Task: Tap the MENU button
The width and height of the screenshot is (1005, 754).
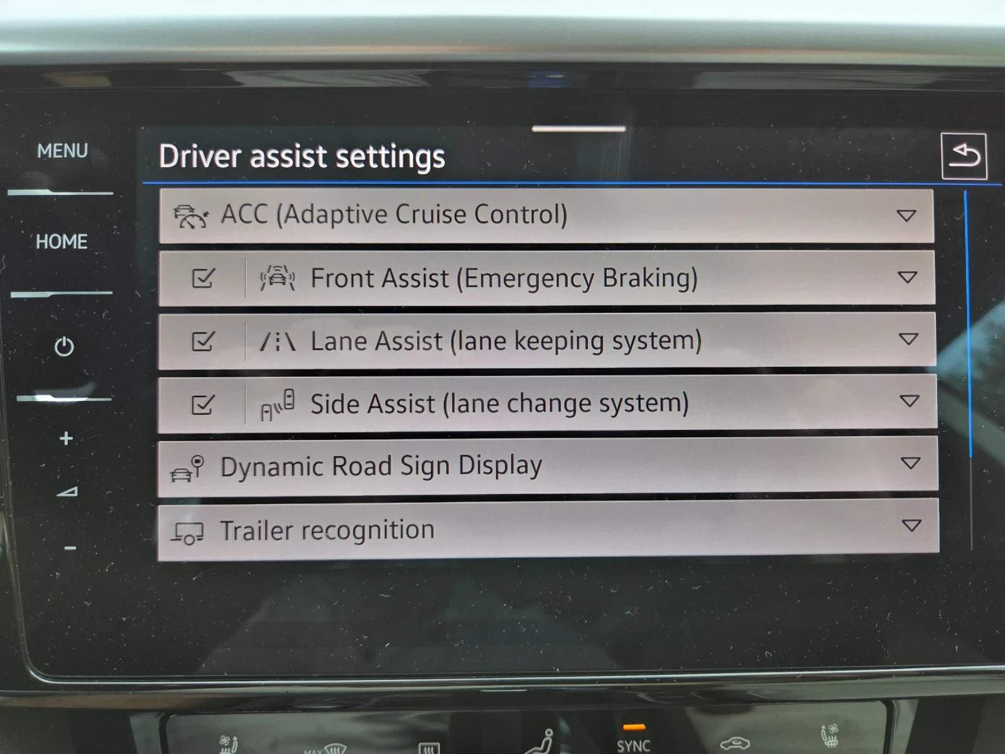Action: pos(62,151)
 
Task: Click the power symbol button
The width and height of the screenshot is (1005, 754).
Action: pos(64,346)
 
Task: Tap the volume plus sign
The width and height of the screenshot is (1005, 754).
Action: pos(66,438)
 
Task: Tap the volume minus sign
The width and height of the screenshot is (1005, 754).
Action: pos(70,548)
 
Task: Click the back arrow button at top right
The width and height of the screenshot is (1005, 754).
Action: pos(964,156)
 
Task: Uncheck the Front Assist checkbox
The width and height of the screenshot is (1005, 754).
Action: pos(203,278)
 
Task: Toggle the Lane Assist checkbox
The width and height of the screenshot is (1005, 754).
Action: pos(202,341)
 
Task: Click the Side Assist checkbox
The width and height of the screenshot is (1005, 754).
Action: pos(202,404)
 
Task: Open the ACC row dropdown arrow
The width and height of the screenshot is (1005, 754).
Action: pos(906,216)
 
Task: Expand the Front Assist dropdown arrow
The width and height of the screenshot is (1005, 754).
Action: pos(907,277)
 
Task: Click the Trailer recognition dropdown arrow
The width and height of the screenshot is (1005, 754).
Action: pos(911,525)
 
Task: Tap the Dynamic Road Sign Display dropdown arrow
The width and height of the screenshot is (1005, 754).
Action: pos(910,463)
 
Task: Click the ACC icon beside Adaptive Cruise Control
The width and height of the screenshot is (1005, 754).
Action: pos(190,216)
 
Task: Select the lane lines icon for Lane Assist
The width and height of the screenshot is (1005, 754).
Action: pos(278,342)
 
